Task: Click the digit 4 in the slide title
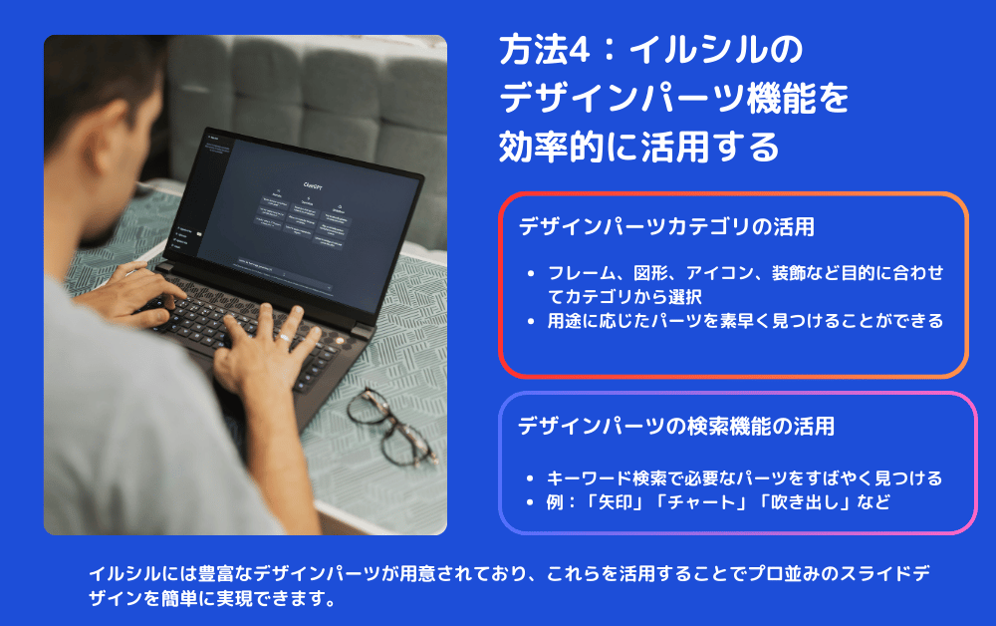[579, 50]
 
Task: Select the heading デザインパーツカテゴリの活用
[666, 227]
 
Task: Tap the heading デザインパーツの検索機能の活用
[676, 426]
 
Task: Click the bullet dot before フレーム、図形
[531, 274]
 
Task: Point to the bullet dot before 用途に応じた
[531, 322]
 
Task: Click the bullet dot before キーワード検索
[531, 478]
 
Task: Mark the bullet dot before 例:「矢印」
[531, 502]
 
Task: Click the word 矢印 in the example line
[616, 502]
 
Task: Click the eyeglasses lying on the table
[391, 427]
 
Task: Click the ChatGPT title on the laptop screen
[313, 186]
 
